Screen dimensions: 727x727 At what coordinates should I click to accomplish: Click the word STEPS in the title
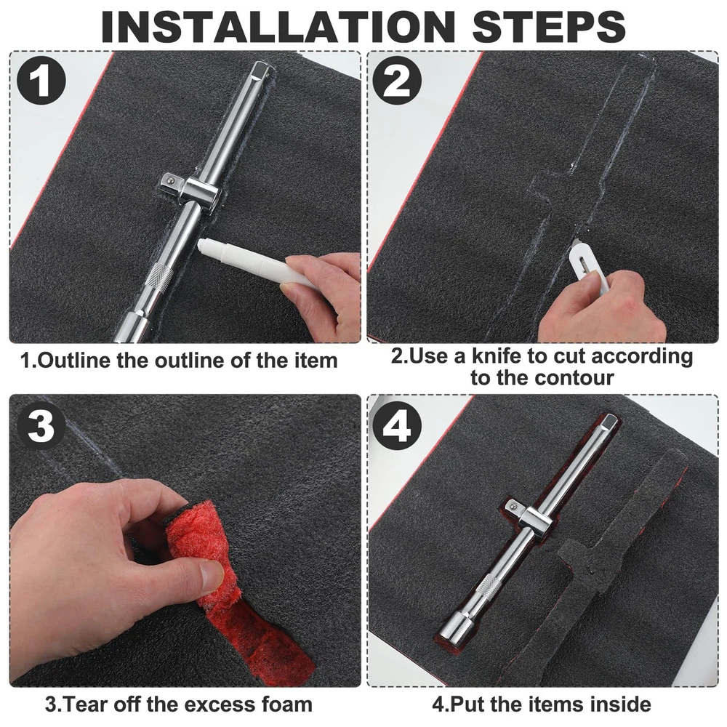[x=549, y=26]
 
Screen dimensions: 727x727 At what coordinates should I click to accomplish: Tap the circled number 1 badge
[x=41, y=81]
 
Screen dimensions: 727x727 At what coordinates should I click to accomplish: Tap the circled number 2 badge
[x=398, y=81]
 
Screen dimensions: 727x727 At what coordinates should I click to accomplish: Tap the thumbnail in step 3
[x=214, y=577]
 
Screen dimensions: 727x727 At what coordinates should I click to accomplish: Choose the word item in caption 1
[x=317, y=361]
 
